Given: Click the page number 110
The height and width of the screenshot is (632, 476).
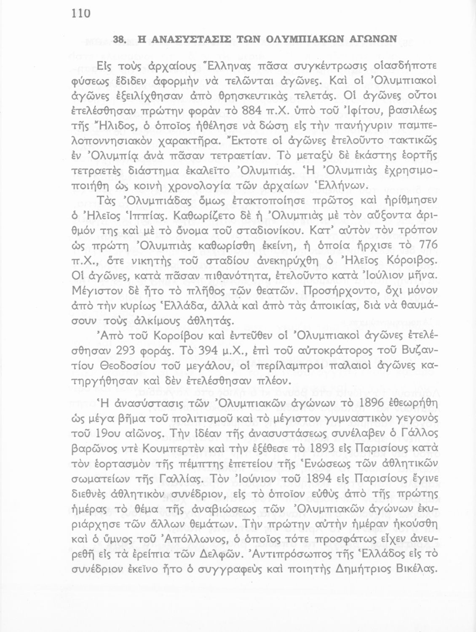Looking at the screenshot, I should [x=81, y=13].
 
